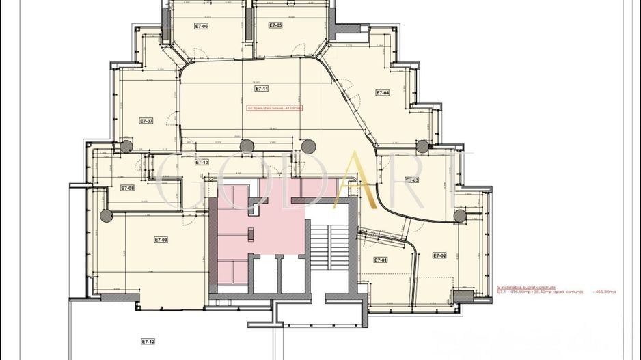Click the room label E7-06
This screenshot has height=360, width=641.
pos(201,26)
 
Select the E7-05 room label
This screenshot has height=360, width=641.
pos(275,25)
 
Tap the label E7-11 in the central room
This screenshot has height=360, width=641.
pos(261,89)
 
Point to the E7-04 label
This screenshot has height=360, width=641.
pos(382,92)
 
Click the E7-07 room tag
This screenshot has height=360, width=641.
pos(146,121)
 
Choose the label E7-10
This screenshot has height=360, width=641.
pos(202,163)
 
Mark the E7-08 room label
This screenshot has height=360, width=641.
pos(127,188)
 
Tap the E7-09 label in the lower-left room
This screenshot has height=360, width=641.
pos(161,240)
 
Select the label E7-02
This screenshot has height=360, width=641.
pos(439,255)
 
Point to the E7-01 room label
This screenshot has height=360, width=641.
pos(381,260)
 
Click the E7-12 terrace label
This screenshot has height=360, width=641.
pos(148,341)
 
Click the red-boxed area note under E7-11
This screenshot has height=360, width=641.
pos(274,108)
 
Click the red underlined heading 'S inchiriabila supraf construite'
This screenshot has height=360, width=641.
pos(526,287)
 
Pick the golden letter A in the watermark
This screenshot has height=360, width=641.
pos(368,182)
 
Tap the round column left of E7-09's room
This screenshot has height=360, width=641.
pos(107,216)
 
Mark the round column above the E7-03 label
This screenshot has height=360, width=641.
pos(422,146)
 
